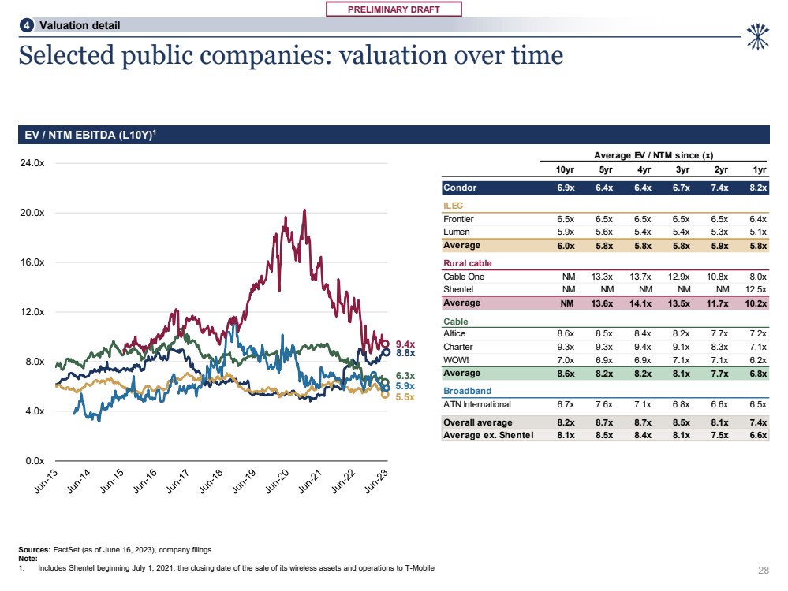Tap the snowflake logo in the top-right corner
coord(757,33)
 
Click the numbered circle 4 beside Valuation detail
coord(28,25)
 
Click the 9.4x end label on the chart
coord(405,344)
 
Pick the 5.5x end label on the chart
coord(405,397)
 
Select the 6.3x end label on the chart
coord(405,376)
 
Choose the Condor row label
coord(460,188)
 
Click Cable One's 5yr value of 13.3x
coord(602,277)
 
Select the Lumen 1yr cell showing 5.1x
coord(756,232)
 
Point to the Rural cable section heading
coord(466,263)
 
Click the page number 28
coord(763,569)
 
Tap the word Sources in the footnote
coord(35,548)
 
